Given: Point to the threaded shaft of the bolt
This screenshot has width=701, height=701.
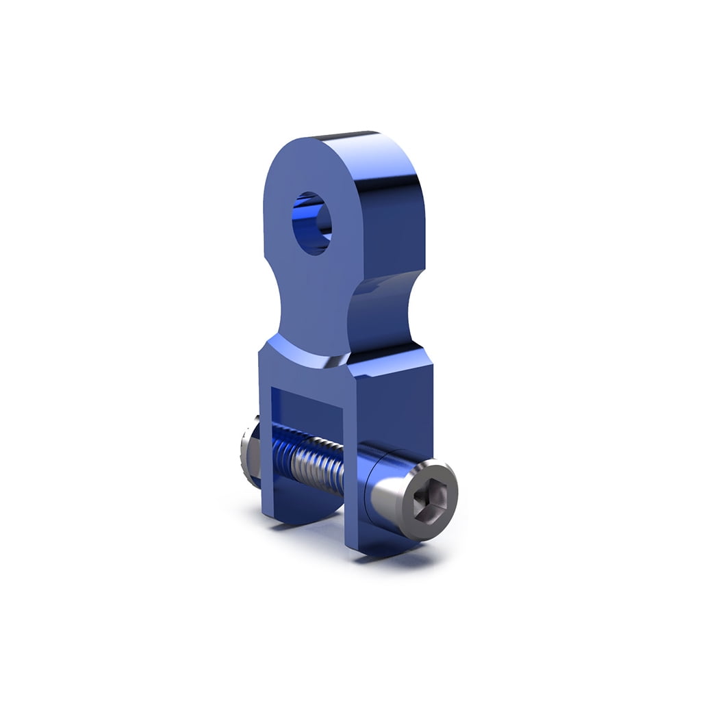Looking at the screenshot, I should click(315, 466).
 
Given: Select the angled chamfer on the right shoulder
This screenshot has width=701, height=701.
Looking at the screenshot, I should click(390, 356).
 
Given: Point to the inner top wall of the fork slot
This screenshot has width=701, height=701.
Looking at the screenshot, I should click(308, 394).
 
